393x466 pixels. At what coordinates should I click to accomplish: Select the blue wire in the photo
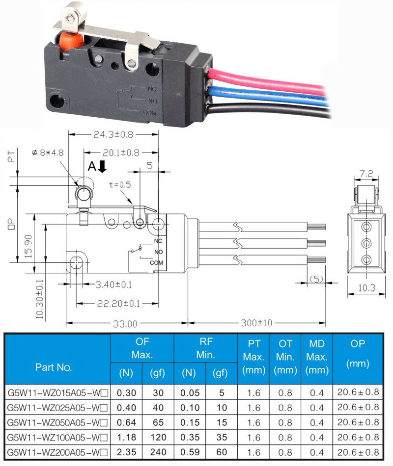(x=268, y=96)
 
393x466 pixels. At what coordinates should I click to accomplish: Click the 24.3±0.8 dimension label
(x=113, y=134)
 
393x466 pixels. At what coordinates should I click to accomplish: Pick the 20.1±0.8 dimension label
(x=121, y=153)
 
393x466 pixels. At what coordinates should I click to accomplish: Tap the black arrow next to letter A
(x=102, y=166)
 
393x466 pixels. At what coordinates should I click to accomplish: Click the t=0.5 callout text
(x=120, y=184)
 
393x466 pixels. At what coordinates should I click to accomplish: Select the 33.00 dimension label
(x=125, y=323)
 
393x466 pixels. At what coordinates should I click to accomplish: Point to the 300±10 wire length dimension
(x=256, y=323)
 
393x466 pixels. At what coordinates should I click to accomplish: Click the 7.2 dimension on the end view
(x=366, y=174)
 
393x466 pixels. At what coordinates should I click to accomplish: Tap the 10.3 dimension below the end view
(x=366, y=287)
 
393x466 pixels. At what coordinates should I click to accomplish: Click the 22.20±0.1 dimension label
(x=118, y=304)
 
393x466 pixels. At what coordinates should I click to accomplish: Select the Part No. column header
(x=54, y=367)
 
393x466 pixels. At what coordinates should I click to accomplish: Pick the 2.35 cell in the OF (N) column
(x=127, y=452)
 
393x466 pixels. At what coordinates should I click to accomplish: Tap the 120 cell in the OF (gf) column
(x=158, y=437)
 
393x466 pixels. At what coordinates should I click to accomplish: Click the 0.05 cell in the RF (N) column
(x=190, y=392)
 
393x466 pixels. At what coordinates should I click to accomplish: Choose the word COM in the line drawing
(x=156, y=263)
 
